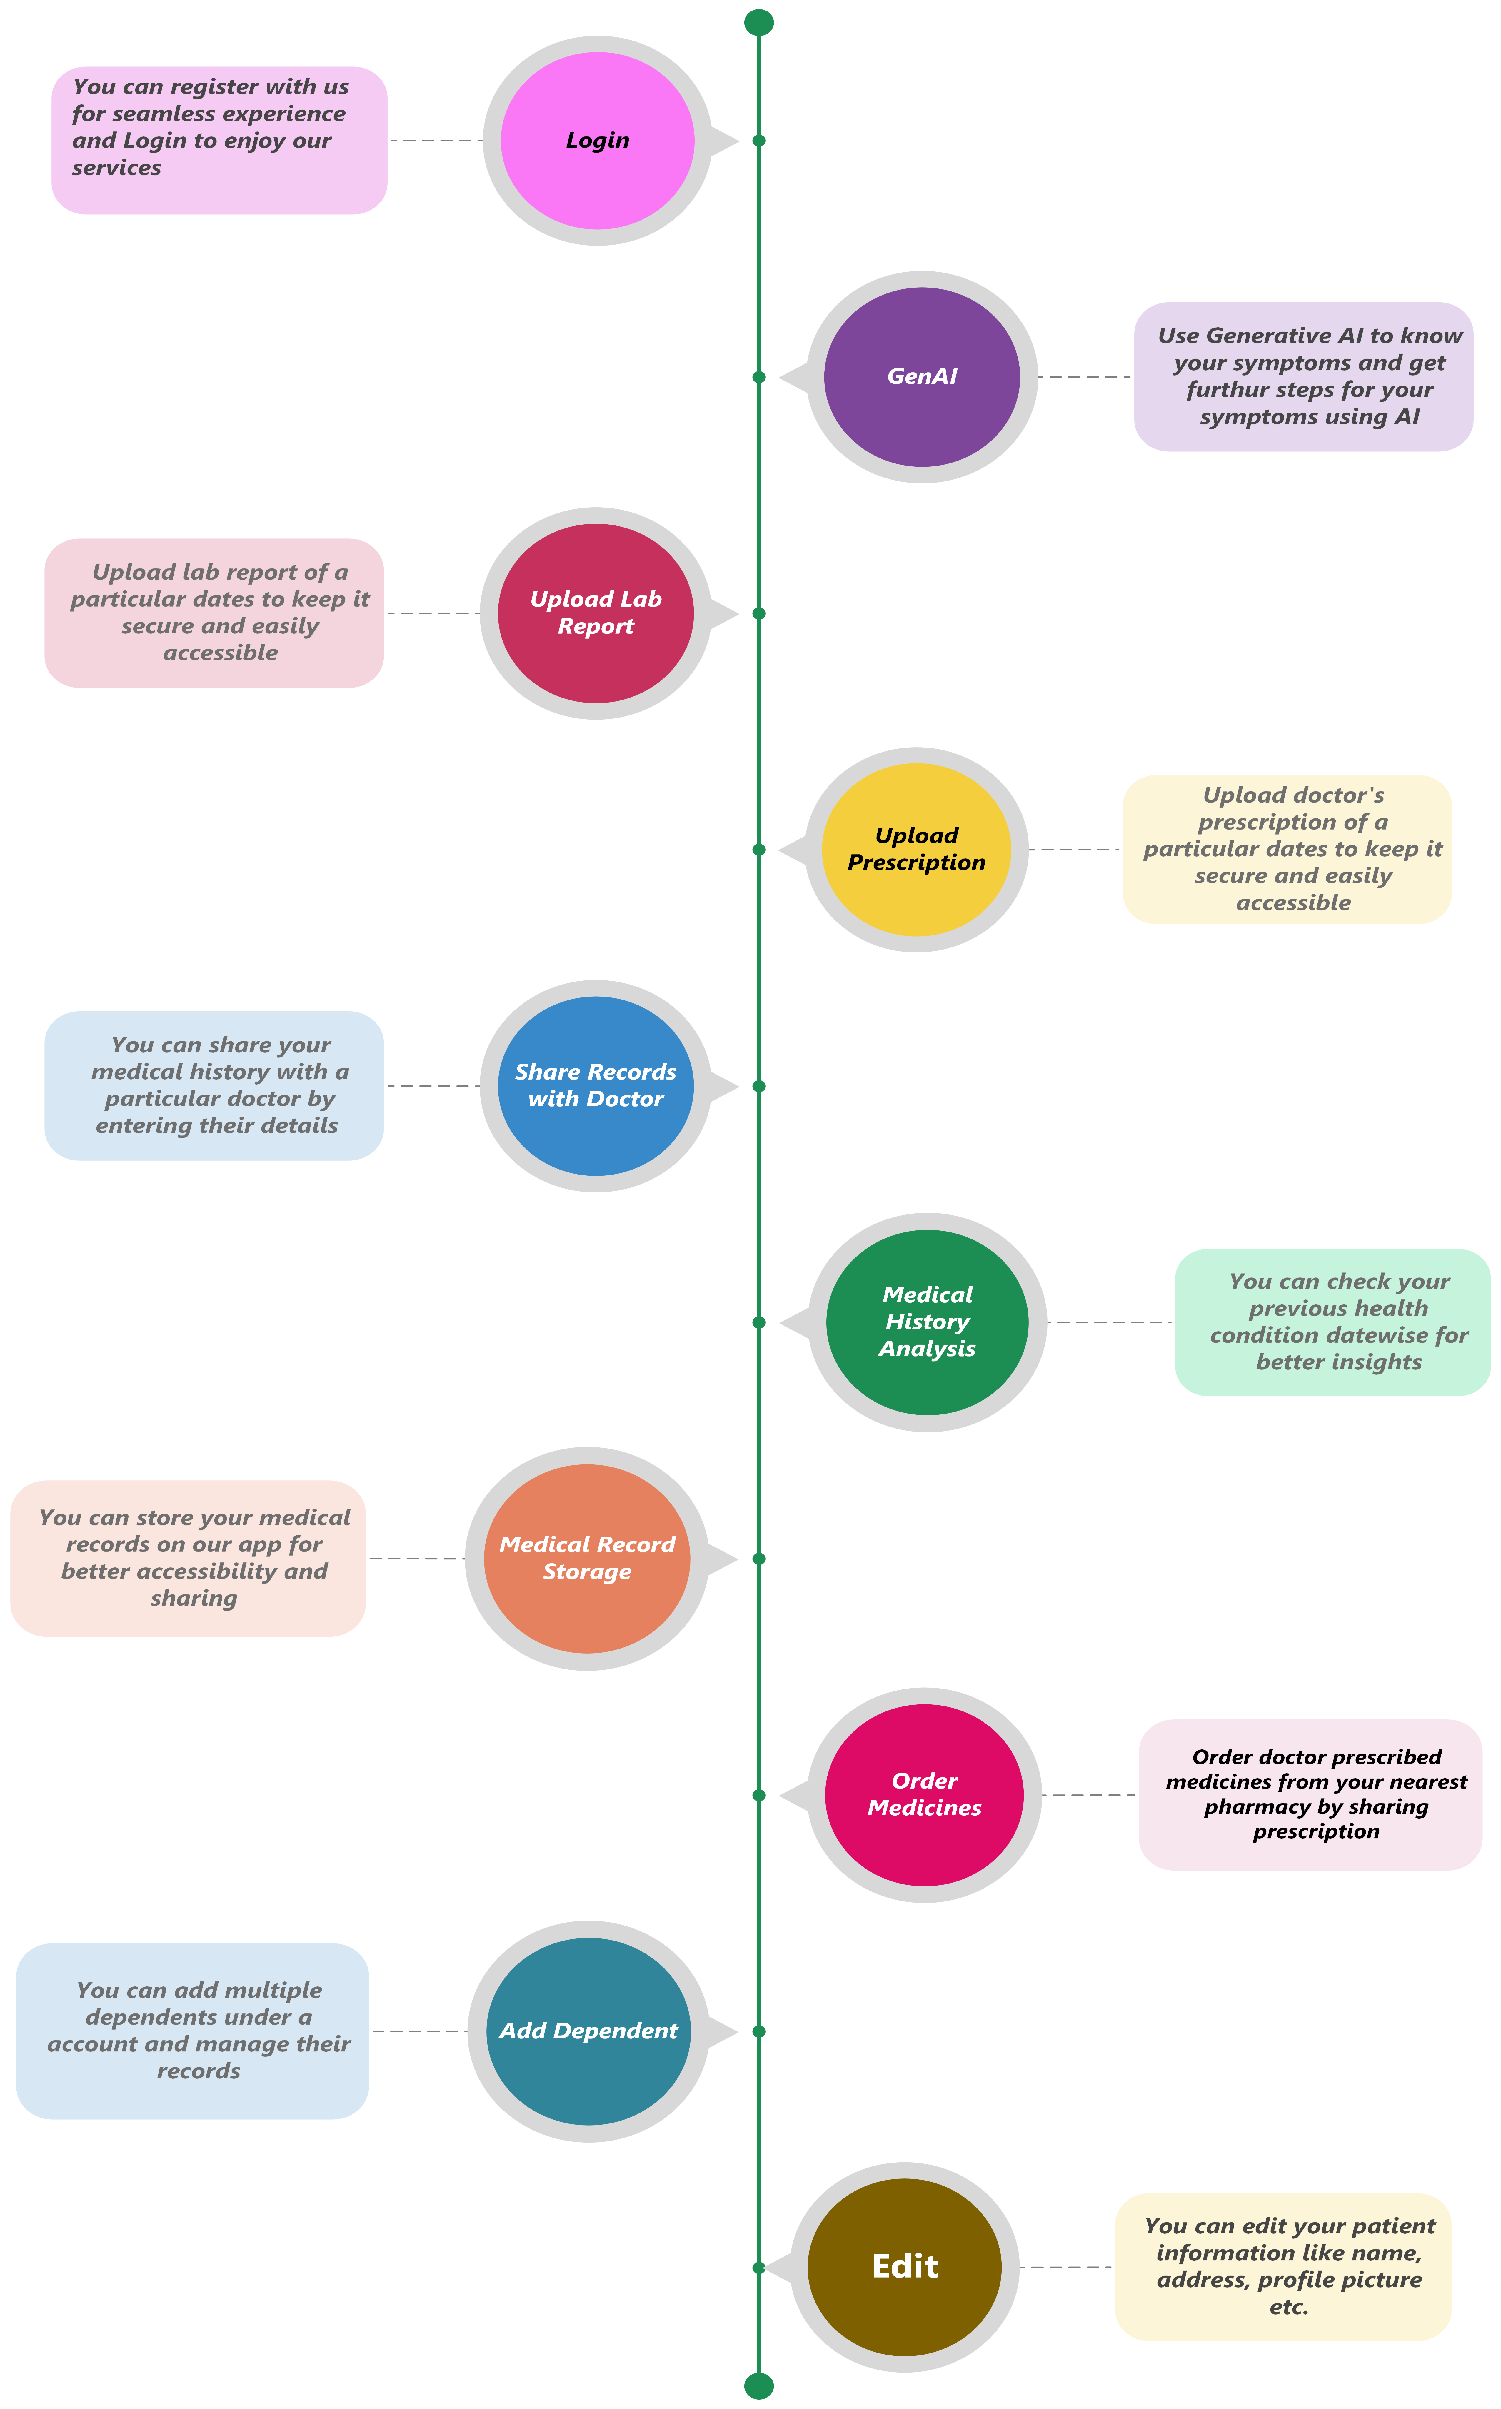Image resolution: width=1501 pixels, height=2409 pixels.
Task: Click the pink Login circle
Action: point(598,141)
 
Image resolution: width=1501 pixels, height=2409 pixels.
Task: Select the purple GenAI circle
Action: point(922,377)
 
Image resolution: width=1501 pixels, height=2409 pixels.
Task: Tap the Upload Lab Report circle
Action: point(596,613)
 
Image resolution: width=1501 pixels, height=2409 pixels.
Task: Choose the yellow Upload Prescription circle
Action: point(916,850)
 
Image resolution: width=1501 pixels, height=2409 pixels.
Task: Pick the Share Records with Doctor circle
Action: point(596,1086)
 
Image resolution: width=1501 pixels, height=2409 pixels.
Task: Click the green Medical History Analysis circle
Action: point(927,1322)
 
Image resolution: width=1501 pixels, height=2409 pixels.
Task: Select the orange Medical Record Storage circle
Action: point(587,1558)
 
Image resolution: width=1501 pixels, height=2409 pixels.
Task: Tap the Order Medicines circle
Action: point(924,1795)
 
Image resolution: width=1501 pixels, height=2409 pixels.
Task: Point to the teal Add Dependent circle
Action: point(589,2031)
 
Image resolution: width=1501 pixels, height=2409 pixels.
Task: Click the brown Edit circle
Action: point(904,2267)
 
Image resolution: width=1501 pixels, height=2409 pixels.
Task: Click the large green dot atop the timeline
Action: point(758,22)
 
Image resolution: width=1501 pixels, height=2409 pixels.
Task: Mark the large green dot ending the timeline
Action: point(758,2385)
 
